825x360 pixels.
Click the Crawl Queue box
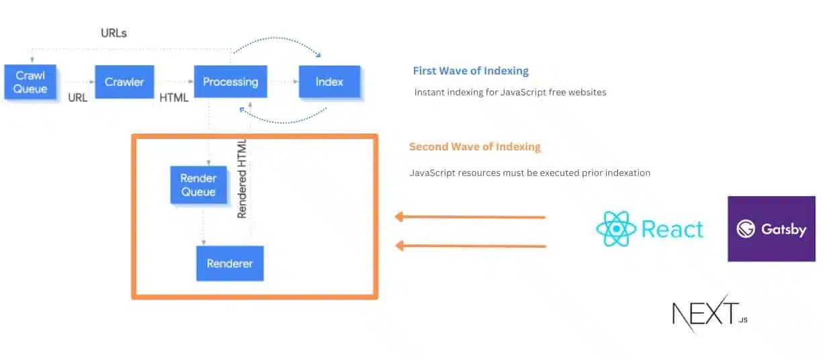coord(30,82)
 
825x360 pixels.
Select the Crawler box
coord(124,82)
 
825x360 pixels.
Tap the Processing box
coord(230,82)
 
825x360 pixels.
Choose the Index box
coord(329,82)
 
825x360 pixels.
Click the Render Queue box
coord(198,185)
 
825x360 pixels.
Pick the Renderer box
coord(230,263)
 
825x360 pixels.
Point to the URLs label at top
coord(114,32)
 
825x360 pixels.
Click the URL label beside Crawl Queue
coord(78,98)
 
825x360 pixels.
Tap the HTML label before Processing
coord(174,98)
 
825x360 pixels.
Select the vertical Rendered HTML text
coord(243,178)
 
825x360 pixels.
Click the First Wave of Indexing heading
coord(470,71)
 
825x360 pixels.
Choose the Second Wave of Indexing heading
coord(474,146)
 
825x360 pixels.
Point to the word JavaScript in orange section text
coord(433,173)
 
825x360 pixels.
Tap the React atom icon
coord(615,229)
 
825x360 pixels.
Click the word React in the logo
coord(672,229)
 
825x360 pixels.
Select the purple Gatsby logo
coord(771,228)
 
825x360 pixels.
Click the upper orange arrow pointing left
coord(470,217)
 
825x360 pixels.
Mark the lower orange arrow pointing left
coord(470,246)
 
